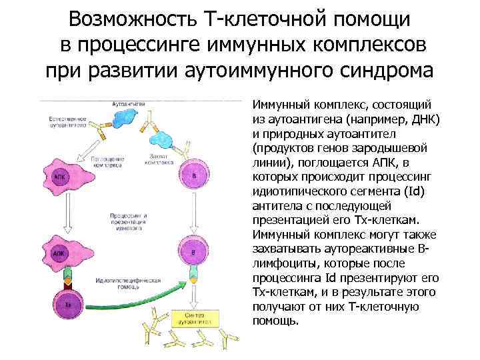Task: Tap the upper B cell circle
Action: coord(193,175)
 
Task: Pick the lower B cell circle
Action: coord(193,253)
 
